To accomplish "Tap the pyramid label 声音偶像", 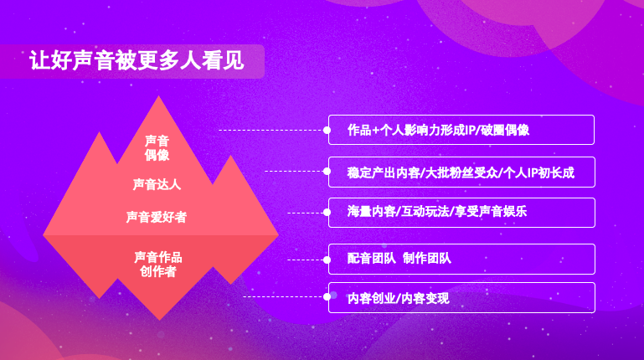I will pyautogui.click(x=157, y=147).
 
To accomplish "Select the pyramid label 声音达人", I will pyautogui.click(x=157, y=183).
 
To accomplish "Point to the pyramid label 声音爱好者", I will pyautogui.click(x=157, y=217).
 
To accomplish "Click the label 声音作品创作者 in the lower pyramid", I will pyautogui.click(x=158, y=264).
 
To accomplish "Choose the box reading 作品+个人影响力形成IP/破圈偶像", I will pyautogui.click(x=461, y=130).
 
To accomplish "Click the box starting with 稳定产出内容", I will pyautogui.click(x=461, y=172).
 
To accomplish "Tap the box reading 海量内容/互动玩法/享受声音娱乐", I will pyautogui.click(x=461, y=212).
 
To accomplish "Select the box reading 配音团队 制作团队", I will pyautogui.click(x=461, y=259).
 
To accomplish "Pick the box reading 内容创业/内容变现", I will pyautogui.click(x=461, y=297).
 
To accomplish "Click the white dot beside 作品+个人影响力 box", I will pyautogui.click(x=327, y=130).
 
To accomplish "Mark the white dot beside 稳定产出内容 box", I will pyautogui.click(x=327, y=171).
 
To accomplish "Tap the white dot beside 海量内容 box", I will pyautogui.click(x=327, y=213).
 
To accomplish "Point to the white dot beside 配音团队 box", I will pyautogui.click(x=327, y=260).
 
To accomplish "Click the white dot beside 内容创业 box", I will pyautogui.click(x=327, y=296).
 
